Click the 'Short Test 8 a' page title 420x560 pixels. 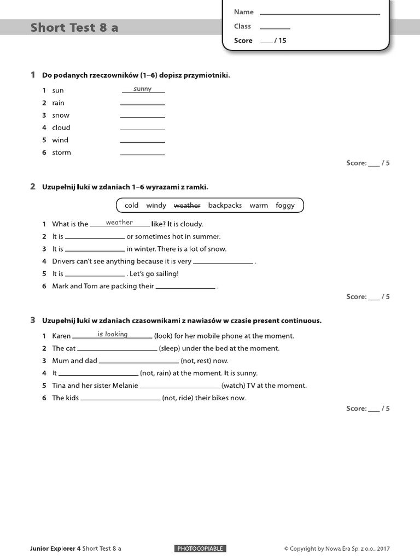(x=74, y=27)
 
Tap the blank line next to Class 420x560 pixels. (x=275, y=27)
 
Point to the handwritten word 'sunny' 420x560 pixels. (x=143, y=89)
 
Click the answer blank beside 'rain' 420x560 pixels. (x=142, y=103)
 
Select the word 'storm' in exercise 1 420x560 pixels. (x=61, y=153)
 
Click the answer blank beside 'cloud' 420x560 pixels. (x=142, y=129)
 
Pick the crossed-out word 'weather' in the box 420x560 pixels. (x=187, y=206)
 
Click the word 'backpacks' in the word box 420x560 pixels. (x=225, y=206)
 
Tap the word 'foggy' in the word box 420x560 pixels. (x=285, y=206)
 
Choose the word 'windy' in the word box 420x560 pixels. (x=156, y=206)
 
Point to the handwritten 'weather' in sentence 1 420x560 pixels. (x=119, y=223)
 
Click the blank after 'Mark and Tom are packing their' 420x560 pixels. (x=186, y=287)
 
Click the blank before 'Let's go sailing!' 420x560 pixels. (x=95, y=275)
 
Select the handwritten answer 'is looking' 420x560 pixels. (x=113, y=334)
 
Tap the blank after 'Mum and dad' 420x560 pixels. (x=139, y=362)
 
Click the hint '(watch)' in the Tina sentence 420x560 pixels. (x=234, y=386)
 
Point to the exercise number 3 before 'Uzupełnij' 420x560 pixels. (x=33, y=320)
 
